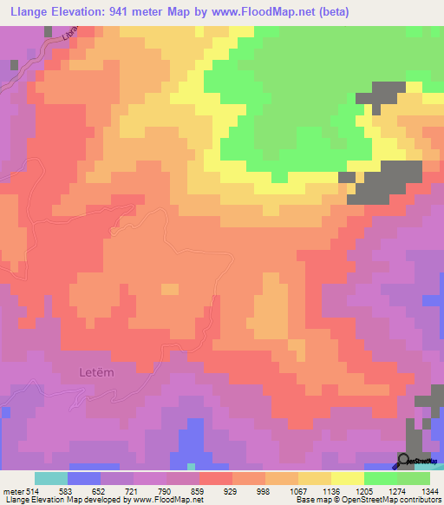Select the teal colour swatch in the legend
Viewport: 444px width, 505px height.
click(x=51, y=478)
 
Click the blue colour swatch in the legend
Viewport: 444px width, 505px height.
click(x=84, y=478)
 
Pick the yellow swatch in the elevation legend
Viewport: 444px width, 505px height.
click(x=348, y=478)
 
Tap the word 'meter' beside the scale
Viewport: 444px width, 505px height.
click(x=12, y=491)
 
